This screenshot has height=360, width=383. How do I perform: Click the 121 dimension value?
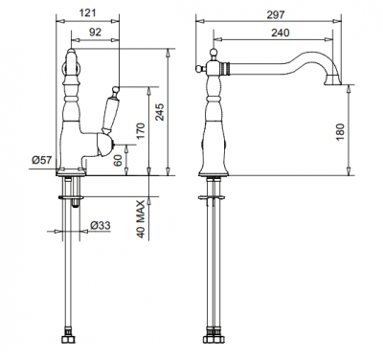[87, 12]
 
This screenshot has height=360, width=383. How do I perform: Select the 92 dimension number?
[95, 32]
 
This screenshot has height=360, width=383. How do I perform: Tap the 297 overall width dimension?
[276, 14]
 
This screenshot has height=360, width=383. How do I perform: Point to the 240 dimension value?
[280, 33]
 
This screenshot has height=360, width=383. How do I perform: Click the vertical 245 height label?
[160, 112]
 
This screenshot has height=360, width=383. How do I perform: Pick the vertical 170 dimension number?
[141, 131]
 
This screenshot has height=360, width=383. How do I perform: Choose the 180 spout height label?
[340, 132]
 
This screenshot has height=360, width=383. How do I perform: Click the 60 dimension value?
[118, 160]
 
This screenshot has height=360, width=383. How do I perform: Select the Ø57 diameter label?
[41, 159]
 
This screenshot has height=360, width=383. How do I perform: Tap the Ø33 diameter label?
[100, 225]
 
